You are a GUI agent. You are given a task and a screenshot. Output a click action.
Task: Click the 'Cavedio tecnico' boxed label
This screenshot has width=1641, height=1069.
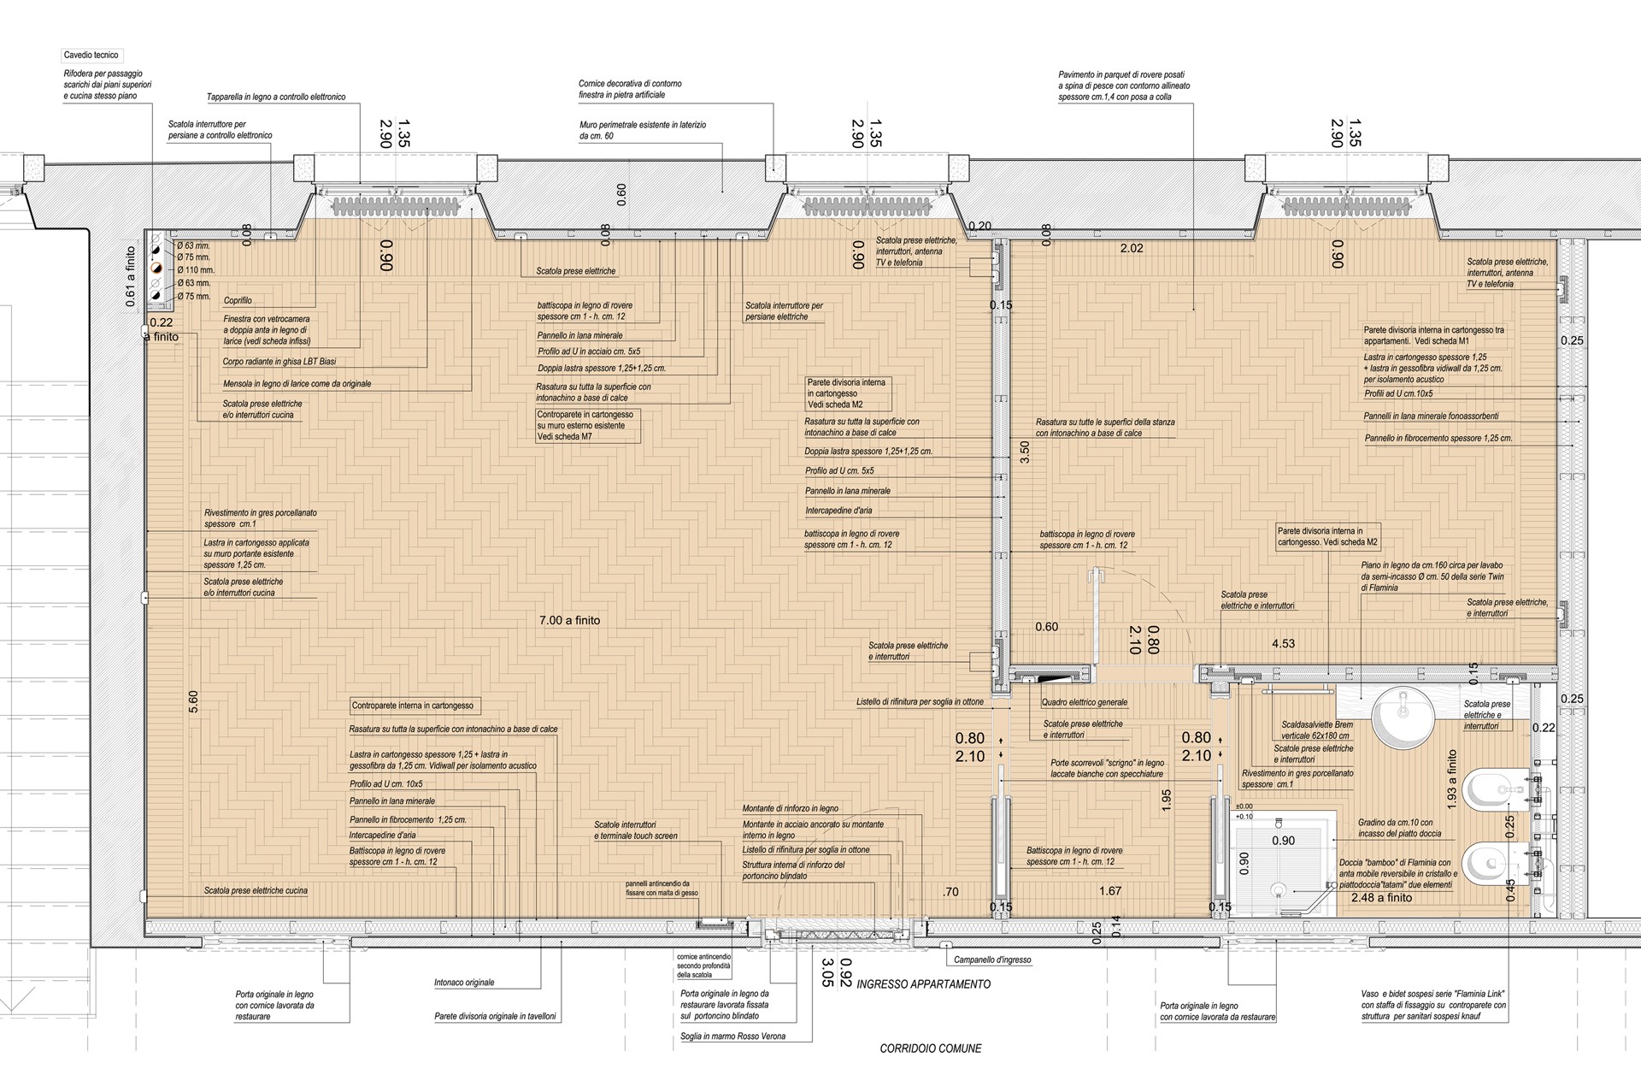[x=91, y=56]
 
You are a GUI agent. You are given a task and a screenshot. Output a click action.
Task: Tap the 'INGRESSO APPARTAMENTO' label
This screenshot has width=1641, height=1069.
[x=923, y=984]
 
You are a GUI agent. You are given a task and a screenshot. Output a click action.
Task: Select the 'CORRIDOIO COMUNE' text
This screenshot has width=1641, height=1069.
[x=931, y=1048]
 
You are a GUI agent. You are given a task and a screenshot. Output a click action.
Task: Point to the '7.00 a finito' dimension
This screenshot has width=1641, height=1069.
[x=569, y=620]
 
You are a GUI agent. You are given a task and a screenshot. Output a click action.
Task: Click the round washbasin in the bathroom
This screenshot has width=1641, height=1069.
[x=1403, y=717]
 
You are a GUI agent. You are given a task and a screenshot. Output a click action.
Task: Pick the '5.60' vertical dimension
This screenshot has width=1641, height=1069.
[x=193, y=701]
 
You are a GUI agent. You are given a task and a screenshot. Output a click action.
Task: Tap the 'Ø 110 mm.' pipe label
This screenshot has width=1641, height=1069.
[x=196, y=270]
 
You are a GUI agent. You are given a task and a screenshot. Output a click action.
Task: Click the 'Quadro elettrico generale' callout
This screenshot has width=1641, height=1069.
[x=1085, y=703]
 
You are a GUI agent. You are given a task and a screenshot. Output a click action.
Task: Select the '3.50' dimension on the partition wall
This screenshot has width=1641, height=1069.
[x=1025, y=452]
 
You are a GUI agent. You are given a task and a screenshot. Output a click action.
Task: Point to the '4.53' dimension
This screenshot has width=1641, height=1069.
[x=1283, y=644]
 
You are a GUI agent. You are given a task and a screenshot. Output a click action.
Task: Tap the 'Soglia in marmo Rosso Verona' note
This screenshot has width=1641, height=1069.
[x=732, y=1037]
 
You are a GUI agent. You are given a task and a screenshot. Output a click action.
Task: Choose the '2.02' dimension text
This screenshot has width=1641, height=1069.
[x=1132, y=249]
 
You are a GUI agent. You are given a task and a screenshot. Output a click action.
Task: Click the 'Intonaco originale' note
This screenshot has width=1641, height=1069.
[x=464, y=983]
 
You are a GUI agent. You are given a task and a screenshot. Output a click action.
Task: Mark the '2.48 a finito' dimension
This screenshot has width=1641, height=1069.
[x=1382, y=898]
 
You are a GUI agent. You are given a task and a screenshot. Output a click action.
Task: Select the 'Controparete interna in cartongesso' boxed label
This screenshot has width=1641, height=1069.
[x=413, y=706]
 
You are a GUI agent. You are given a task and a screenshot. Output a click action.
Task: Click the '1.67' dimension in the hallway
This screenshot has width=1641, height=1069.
[x=1110, y=891]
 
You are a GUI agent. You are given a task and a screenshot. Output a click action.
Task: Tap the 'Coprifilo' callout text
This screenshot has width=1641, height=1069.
[x=238, y=301]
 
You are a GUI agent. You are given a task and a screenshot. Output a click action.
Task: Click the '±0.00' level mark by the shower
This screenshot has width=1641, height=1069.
[x=1244, y=806]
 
